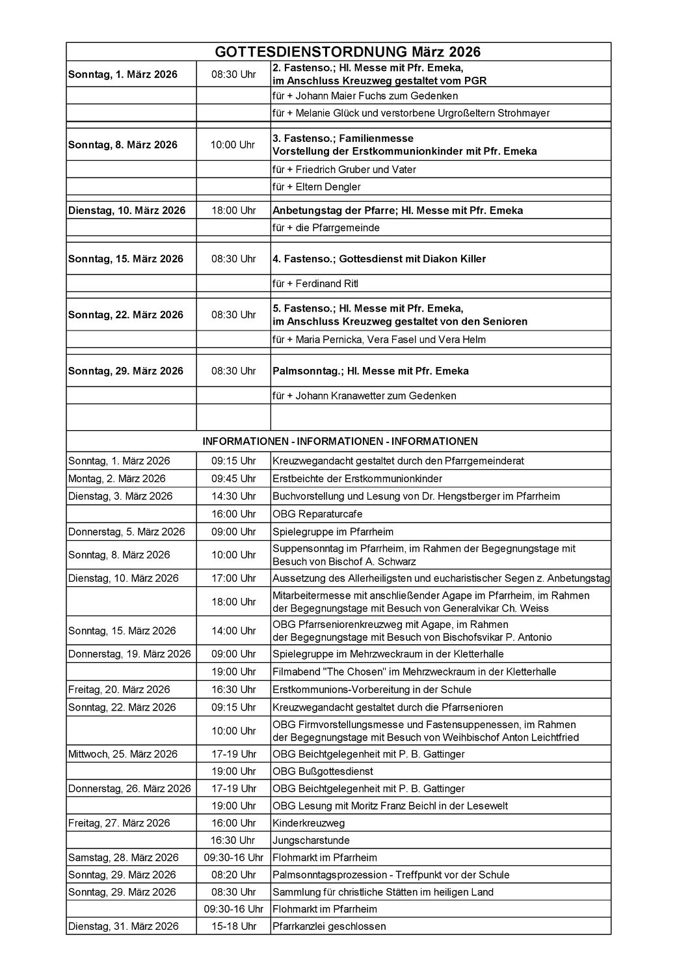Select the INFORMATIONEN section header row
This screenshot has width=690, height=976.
point(339,441)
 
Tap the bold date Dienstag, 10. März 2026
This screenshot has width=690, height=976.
point(127,211)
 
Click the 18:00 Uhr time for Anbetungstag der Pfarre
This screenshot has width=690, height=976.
point(233,211)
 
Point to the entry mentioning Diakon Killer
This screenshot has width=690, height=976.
point(379,259)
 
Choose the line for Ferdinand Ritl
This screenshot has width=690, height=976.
point(315,284)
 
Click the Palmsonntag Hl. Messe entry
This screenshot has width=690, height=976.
point(371,372)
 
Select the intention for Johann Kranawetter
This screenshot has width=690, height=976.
point(364,396)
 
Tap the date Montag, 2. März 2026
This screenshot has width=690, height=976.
point(117,479)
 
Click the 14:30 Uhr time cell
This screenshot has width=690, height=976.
point(233,496)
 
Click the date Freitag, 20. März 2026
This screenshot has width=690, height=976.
point(119,690)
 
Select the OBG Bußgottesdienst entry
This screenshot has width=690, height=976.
point(323,772)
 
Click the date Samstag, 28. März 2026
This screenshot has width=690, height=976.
point(124,858)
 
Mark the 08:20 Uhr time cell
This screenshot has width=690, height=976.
point(233,875)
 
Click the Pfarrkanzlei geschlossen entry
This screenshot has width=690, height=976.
point(329,927)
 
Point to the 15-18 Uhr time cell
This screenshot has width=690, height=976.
point(233,927)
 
